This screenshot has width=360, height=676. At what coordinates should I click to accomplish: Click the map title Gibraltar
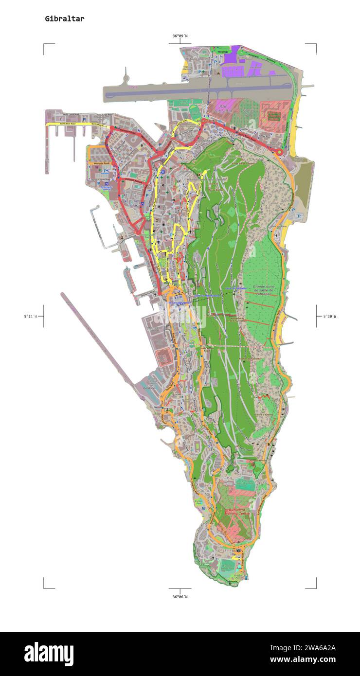64,19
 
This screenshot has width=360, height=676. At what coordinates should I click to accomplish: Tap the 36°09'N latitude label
180,36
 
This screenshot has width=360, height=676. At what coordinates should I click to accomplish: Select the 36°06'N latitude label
180,596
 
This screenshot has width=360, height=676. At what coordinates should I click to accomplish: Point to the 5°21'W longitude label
31,316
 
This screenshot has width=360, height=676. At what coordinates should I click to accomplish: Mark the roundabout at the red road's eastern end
279,152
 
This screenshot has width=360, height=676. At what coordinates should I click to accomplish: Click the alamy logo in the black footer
49,654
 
